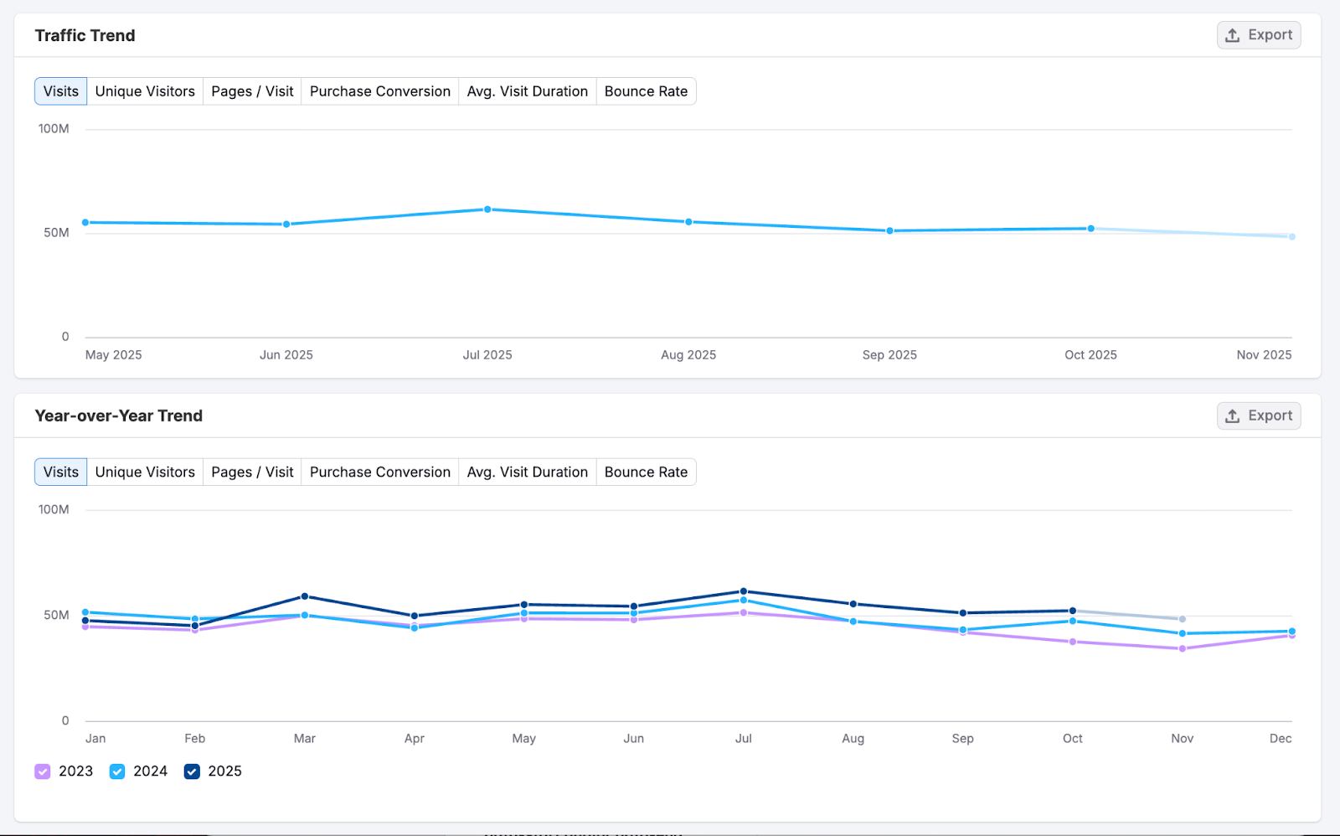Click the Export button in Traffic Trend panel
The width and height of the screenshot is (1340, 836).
pyautogui.click(x=1258, y=35)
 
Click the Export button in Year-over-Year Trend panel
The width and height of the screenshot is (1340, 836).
pyautogui.click(x=1258, y=415)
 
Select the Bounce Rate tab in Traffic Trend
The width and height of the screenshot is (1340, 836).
pyautogui.click(x=646, y=91)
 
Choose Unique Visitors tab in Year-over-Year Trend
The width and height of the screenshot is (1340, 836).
pyautogui.click(x=145, y=472)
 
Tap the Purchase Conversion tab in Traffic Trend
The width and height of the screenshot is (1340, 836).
pyautogui.click(x=379, y=91)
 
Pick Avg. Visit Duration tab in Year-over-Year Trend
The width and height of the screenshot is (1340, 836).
pyautogui.click(x=527, y=472)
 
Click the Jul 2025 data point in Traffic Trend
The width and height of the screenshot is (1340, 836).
pyautogui.click(x=487, y=209)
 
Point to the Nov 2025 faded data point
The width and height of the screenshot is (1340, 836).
pyautogui.click(x=1291, y=237)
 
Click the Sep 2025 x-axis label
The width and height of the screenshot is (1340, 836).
pyautogui.click(x=889, y=355)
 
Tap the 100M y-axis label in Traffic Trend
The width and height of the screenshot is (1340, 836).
pyautogui.click(x=54, y=129)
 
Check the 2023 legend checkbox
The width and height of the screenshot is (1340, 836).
pyautogui.click(x=43, y=771)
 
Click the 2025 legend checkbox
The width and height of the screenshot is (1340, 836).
pyautogui.click(x=192, y=771)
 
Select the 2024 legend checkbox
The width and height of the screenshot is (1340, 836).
pyautogui.click(x=117, y=771)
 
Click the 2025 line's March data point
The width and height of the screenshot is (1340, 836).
pyautogui.click(x=305, y=596)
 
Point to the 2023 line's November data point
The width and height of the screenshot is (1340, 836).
pyautogui.click(x=1183, y=648)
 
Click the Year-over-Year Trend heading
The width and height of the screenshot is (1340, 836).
pyautogui.click(x=119, y=416)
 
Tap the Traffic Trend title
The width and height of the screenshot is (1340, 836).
pyautogui.click(x=85, y=35)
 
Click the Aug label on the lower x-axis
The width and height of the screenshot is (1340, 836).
pyautogui.click(x=853, y=739)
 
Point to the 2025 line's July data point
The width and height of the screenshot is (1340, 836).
pyautogui.click(x=744, y=591)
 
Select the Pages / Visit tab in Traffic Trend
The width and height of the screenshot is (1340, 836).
pyautogui.click(x=252, y=91)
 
